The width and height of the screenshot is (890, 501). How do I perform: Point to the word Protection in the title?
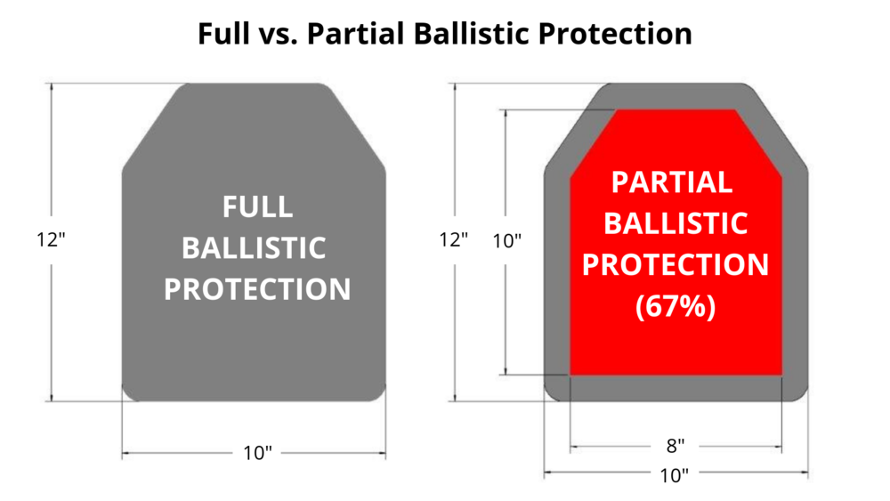[x=615, y=34]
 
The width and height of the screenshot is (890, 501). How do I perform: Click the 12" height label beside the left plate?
[x=51, y=240]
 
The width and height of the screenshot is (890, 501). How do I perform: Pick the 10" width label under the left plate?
[x=258, y=453]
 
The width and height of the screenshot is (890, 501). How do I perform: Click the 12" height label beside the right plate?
[x=454, y=240]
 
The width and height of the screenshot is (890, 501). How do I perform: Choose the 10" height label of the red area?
[x=507, y=241]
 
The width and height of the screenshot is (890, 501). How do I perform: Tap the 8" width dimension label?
[x=676, y=446]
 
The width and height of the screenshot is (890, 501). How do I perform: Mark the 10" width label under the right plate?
[x=675, y=475]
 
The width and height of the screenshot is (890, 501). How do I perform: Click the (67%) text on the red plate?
[x=676, y=306]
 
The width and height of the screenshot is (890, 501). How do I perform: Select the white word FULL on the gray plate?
[x=258, y=206]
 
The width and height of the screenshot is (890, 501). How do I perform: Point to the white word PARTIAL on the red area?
[x=672, y=182]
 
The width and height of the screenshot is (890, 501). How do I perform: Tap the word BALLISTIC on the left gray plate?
[x=254, y=248]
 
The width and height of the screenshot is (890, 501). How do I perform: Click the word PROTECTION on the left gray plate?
[x=257, y=289]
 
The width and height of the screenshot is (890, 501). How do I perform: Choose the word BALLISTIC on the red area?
[x=676, y=223]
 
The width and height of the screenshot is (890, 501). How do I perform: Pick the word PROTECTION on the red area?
[x=676, y=265]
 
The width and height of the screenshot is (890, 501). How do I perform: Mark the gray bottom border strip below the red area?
[x=676, y=388]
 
